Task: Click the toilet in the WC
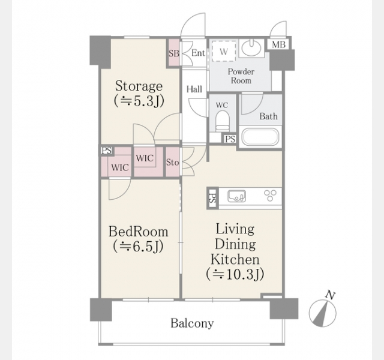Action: (x=223, y=121)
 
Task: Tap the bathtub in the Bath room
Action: (x=260, y=137)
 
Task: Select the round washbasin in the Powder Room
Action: (x=251, y=48)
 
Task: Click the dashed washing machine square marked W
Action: (x=224, y=52)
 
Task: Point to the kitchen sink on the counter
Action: (x=236, y=196)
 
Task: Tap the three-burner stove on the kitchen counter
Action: (x=271, y=196)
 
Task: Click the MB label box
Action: (x=278, y=44)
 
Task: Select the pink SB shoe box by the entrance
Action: (x=174, y=53)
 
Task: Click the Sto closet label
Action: (x=173, y=162)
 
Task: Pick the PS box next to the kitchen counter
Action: (x=212, y=198)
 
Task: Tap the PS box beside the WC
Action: (x=230, y=139)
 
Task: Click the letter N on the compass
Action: (x=331, y=295)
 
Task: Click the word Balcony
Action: (x=192, y=323)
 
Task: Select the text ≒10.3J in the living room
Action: (x=235, y=275)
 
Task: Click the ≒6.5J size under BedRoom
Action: (x=138, y=247)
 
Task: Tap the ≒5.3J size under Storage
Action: (x=139, y=101)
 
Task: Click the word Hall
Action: (x=194, y=89)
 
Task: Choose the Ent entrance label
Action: (x=198, y=53)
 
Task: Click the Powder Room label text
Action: (x=241, y=76)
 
